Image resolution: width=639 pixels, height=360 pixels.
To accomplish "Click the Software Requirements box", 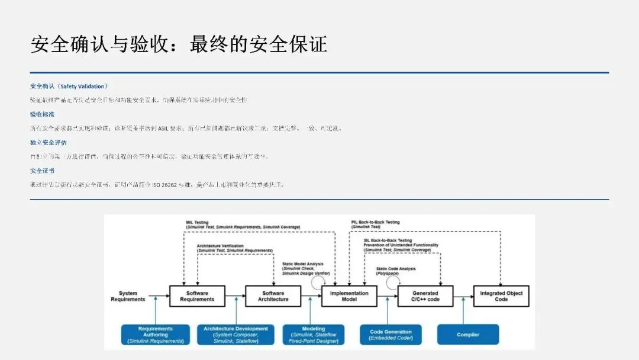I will point(197,296).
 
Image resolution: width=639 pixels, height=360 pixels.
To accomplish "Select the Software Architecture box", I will point(273,296).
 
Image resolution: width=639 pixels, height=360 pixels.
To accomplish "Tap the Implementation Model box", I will point(349,296).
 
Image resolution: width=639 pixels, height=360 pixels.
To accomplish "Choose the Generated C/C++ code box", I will point(425,296).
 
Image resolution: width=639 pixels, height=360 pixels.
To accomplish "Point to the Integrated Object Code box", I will point(501,296).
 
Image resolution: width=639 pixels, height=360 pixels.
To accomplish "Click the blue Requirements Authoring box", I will point(156,335).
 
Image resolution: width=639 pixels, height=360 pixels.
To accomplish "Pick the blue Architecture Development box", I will point(235,335).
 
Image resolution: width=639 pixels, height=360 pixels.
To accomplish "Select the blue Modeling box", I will point(313,335).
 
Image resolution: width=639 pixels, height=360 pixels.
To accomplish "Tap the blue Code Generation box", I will point(390,335).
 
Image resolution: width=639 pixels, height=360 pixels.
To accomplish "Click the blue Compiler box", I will point(467,335).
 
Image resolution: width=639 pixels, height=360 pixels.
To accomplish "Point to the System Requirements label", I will point(128,296).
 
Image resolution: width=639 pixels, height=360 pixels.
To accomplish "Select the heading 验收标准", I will point(42,114).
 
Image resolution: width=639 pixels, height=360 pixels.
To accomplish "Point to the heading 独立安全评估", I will point(48,142).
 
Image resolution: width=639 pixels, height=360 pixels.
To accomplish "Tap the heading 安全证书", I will point(42,171).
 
